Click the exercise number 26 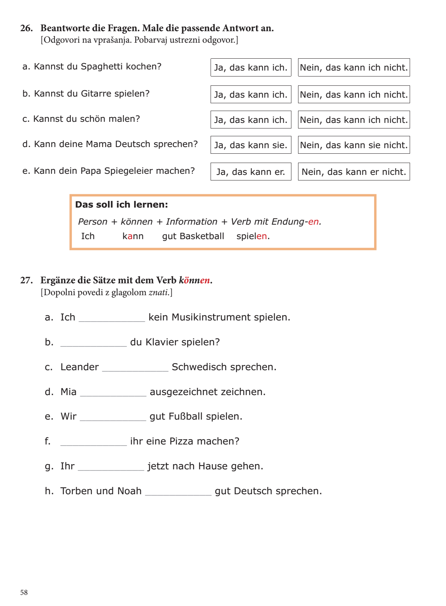(x=26, y=28)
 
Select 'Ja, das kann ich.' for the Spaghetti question (x=251, y=68)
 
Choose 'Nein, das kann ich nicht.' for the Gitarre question (x=354, y=95)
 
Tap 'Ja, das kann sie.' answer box (x=251, y=145)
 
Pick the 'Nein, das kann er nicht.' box (x=354, y=172)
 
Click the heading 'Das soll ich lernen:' (x=122, y=205)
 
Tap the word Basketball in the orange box (x=202, y=236)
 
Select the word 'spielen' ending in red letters (x=252, y=236)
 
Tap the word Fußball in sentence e (x=185, y=416)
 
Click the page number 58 (x=24, y=592)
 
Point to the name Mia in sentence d (x=69, y=392)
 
